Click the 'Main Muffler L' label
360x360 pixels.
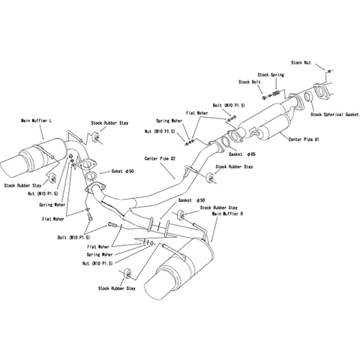[x=37, y=120]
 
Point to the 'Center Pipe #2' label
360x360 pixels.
[x=159, y=159]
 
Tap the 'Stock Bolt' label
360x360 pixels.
[x=249, y=82]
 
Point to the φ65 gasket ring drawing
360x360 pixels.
[x=230, y=139]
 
